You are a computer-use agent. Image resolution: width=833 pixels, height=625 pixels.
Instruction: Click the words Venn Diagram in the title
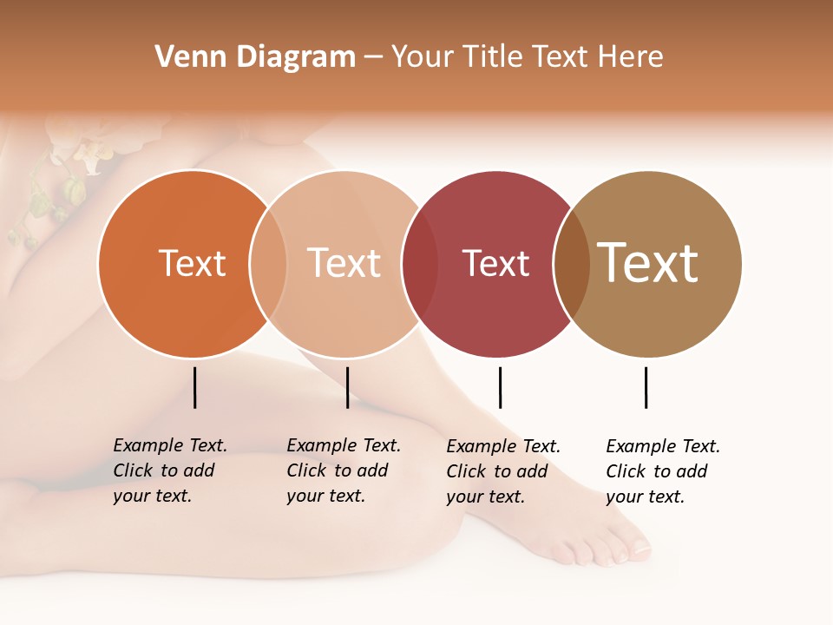(255, 57)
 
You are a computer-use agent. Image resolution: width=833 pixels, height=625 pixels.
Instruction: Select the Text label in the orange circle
(192, 263)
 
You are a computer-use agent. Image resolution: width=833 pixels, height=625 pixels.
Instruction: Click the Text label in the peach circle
(344, 263)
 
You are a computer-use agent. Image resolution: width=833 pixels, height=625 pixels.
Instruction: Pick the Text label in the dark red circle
(495, 263)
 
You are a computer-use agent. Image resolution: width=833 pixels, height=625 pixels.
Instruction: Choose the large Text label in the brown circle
(648, 262)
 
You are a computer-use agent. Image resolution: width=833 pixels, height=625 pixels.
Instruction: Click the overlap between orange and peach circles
(268, 264)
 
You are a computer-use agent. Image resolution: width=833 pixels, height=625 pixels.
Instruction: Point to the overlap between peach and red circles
(420, 264)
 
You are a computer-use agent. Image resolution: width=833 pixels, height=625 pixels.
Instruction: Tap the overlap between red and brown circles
(572, 264)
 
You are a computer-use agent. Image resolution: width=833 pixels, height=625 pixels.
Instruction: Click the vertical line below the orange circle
(195, 387)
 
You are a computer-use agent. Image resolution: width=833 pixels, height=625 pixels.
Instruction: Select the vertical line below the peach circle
(347, 387)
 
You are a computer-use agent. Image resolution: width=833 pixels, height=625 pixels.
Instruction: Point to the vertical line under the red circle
(500, 387)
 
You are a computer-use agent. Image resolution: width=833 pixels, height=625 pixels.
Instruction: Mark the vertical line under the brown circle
(646, 387)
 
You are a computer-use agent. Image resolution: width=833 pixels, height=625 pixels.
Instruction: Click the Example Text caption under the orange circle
(170, 470)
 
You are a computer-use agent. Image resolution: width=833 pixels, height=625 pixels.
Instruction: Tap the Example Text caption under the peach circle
(344, 470)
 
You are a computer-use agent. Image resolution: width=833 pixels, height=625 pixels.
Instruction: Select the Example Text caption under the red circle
(503, 471)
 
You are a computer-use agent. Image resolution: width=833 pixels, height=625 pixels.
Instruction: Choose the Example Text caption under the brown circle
(663, 471)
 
